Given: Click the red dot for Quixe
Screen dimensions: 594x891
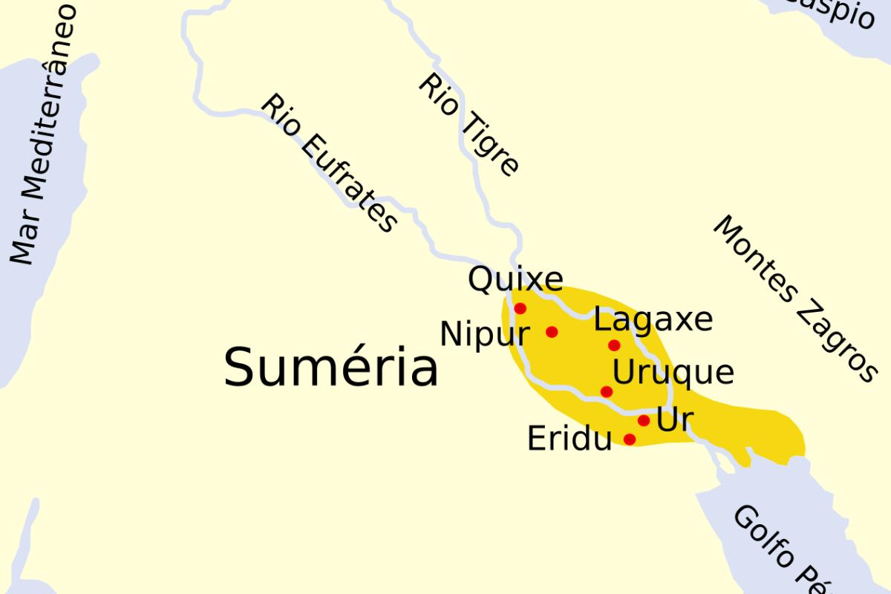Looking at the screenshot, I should (520, 308).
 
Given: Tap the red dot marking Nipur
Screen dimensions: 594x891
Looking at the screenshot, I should (552, 332).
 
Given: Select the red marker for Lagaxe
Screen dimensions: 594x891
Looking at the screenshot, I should (614, 345).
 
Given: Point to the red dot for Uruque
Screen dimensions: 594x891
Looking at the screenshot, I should (607, 391).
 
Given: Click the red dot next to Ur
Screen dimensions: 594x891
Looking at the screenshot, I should (644, 420).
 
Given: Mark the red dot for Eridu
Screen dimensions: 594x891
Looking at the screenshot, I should (630, 439).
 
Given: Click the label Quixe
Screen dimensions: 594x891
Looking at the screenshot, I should (515, 281).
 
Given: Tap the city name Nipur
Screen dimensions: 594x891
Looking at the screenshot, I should (485, 335).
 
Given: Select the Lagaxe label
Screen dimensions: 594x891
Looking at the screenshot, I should (653, 320).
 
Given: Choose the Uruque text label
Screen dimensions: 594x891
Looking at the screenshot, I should (673, 372).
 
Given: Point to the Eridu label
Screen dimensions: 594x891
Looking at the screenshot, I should (569, 440).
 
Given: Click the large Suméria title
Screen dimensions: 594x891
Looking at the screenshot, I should (331, 368).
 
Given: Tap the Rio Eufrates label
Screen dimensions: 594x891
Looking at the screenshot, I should (329, 164).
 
